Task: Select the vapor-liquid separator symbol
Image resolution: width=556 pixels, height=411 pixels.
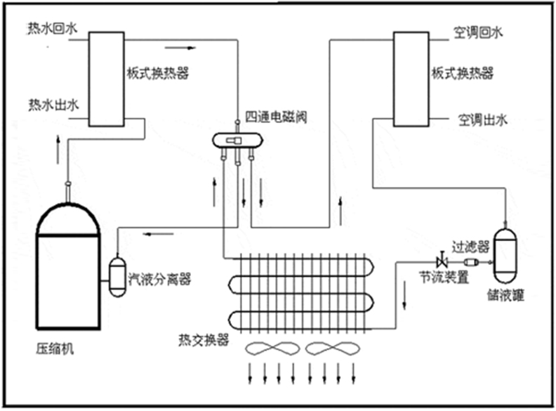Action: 117,275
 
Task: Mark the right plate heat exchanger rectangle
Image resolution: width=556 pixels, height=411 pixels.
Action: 411,79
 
